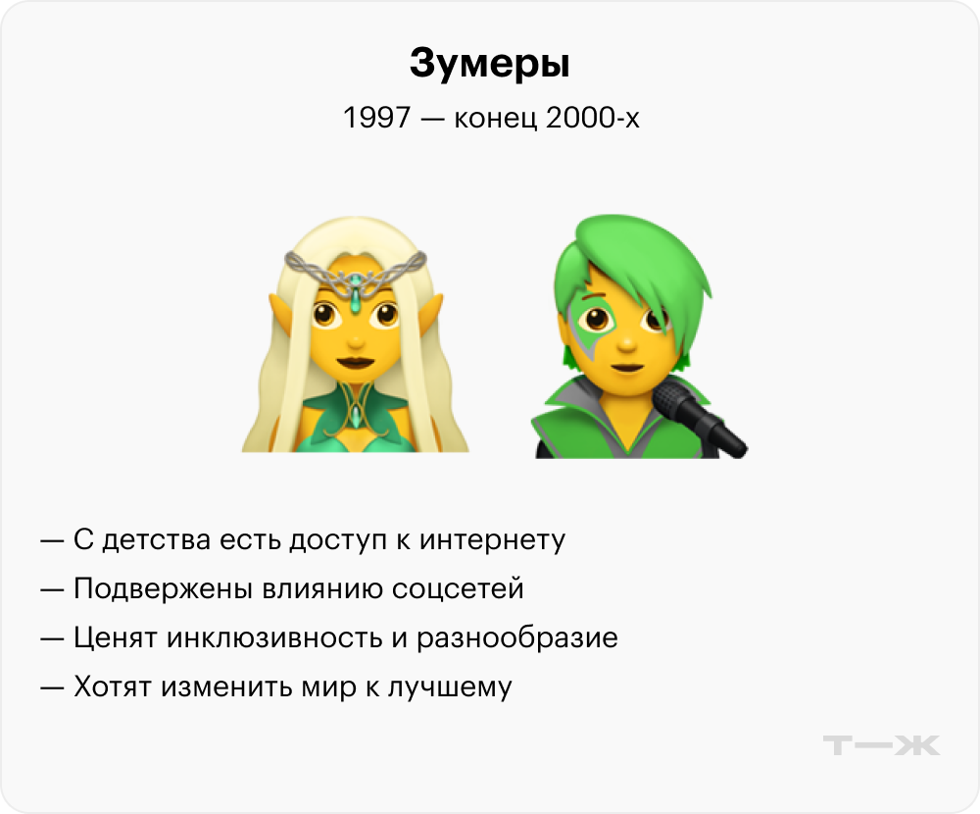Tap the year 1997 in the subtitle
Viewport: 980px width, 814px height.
pyautogui.click(x=377, y=117)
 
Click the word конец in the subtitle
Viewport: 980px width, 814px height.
pyautogui.click(x=495, y=119)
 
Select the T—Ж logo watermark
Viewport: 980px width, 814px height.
pyautogui.click(x=881, y=745)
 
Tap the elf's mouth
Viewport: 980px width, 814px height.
pyautogui.click(x=355, y=362)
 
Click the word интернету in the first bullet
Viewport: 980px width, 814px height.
pyautogui.click(x=492, y=540)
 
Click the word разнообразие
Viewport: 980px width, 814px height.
pyautogui.click(x=516, y=638)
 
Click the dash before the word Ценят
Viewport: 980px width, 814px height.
pyautogui.click(x=52, y=638)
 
